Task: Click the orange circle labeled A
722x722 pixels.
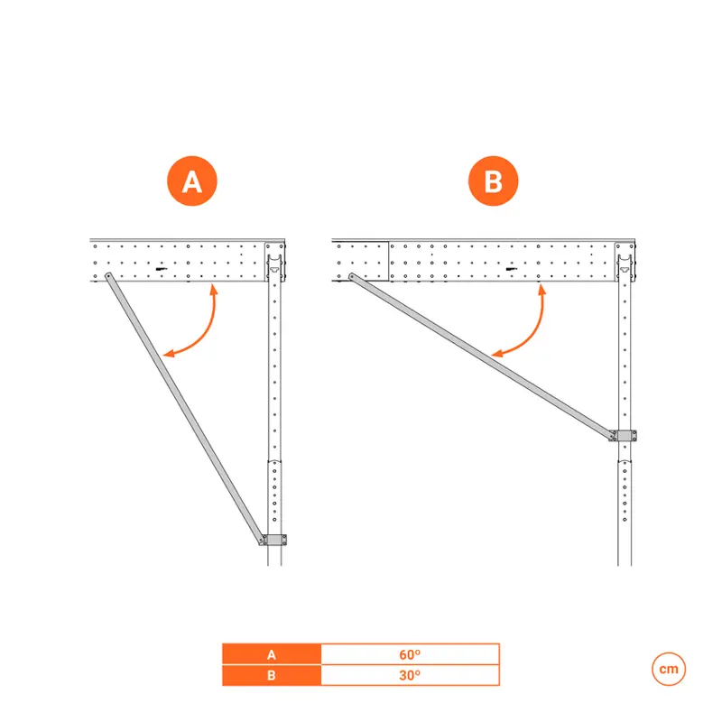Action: click(x=192, y=181)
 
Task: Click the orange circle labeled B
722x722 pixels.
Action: click(x=493, y=181)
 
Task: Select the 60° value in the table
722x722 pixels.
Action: click(x=410, y=654)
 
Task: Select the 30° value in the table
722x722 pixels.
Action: click(x=410, y=675)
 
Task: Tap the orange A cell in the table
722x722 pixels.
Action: click(x=272, y=654)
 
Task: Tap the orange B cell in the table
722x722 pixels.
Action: click(x=272, y=675)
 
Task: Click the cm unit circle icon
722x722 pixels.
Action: click(x=669, y=669)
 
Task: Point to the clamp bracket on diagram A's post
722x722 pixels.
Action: click(x=274, y=540)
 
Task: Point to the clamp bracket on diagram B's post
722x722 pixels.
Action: click(x=624, y=436)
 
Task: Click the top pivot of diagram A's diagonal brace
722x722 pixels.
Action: click(x=108, y=276)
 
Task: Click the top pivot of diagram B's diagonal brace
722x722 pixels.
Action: click(x=351, y=277)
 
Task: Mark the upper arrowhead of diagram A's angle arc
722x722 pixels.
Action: click(x=213, y=290)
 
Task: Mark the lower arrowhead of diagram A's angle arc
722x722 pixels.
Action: click(x=169, y=353)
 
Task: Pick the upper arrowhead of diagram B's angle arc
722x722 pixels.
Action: click(x=542, y=290)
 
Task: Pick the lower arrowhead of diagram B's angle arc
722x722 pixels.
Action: click(x=497, y=354)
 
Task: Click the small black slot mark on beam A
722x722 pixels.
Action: click(x=161, y=269)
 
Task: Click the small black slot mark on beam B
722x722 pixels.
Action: click(x=511, y=269)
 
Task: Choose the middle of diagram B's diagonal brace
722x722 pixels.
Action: click(x=482, y=356)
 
